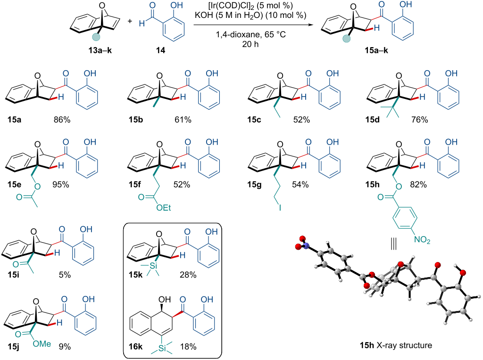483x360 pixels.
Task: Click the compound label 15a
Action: point(15,119)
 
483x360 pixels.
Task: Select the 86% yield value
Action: point(62,119)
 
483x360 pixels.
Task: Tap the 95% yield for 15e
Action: point(61,185)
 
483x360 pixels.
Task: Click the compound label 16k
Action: point(135,347)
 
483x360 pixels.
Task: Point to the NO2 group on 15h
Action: point(422,239)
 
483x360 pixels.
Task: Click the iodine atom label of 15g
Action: point(280,208)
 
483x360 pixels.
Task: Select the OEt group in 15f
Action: point(164,208)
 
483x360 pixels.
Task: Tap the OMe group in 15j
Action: point(42,344)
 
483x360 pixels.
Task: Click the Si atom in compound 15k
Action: point(153,265)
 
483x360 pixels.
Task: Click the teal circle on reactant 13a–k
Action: point(96,37)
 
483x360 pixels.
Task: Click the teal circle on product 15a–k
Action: point(347,39)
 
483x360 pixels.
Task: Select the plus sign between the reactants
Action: point(130,21)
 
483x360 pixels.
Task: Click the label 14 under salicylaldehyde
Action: point(160,50)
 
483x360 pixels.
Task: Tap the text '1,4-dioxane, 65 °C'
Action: point(251,34)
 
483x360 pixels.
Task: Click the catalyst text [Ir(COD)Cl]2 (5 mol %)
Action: point(250,6)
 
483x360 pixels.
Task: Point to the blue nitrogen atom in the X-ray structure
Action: point(306,245)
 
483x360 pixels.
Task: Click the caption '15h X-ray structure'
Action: point(396,345)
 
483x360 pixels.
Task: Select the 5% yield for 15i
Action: point(65,274)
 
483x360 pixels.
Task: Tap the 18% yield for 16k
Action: point(188,347)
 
